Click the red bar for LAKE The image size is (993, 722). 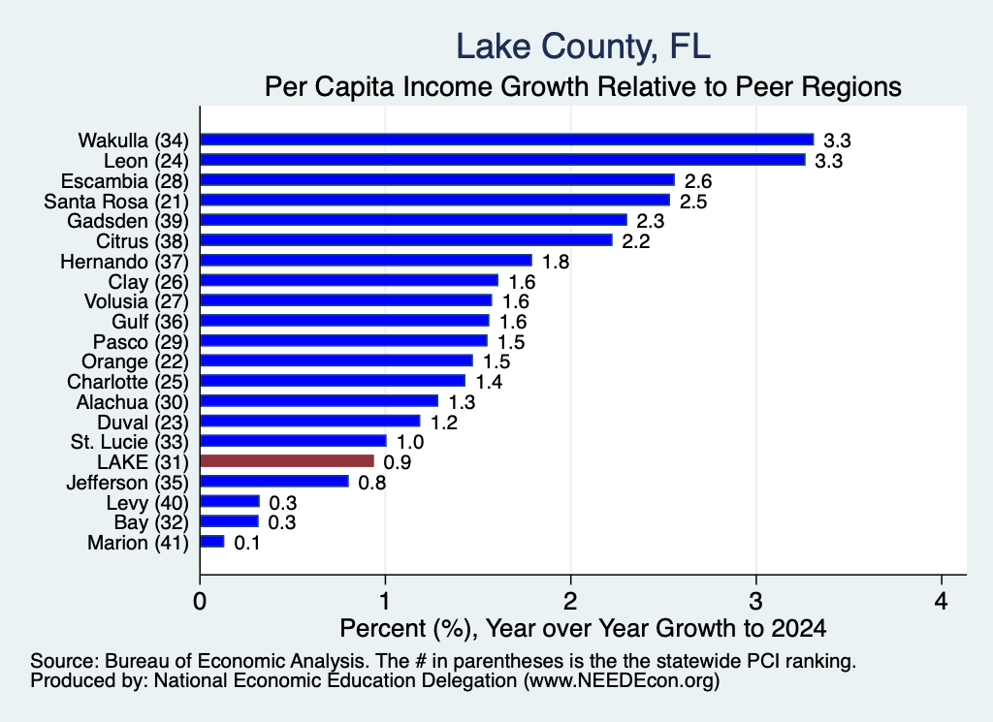point(287,461)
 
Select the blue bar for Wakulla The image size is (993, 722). point(506,140)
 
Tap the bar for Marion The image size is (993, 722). point(212,542)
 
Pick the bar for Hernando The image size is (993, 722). point(366,261)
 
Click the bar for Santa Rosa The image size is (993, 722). point(435,201)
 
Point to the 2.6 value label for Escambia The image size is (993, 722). point(698,181)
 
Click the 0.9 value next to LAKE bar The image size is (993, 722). point(397,462)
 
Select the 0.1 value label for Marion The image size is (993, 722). point(247,543)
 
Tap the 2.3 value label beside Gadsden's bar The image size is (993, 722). point(651,222)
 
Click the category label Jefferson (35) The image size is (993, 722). point(127,483)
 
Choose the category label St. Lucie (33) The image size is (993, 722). point(130,442)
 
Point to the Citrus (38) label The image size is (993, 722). point(143,241)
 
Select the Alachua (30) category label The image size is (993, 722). point(132,402)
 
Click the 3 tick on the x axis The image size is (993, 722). point(755,601)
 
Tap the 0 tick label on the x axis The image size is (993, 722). point(200,601)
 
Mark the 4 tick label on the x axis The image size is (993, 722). point(941,601)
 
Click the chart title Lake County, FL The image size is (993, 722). point(583,47)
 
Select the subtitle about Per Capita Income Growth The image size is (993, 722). point(583,86)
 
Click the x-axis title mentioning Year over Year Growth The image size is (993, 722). point(583,628)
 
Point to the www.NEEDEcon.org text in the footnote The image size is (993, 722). point(621,681)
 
